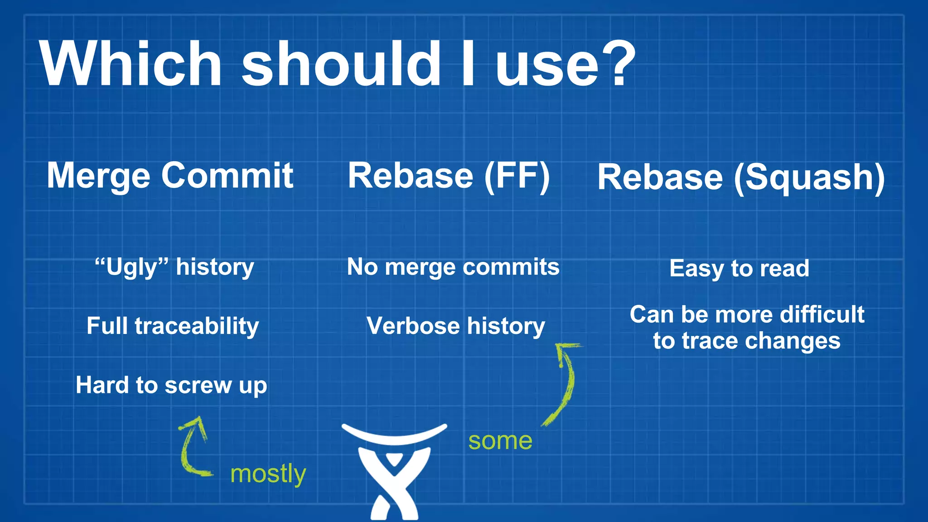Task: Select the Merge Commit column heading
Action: (170, 176)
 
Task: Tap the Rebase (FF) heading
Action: (449, 176)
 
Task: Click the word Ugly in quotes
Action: (131, 267)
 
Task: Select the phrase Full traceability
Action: (173, 326)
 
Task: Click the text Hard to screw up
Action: (171, 386)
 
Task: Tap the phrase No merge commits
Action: (453, 267)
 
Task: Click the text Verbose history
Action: (455, 326)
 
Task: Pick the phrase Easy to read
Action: (739, 268)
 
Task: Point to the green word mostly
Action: (268, 474)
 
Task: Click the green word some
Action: (500, 441)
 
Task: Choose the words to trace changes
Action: (746, 341)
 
